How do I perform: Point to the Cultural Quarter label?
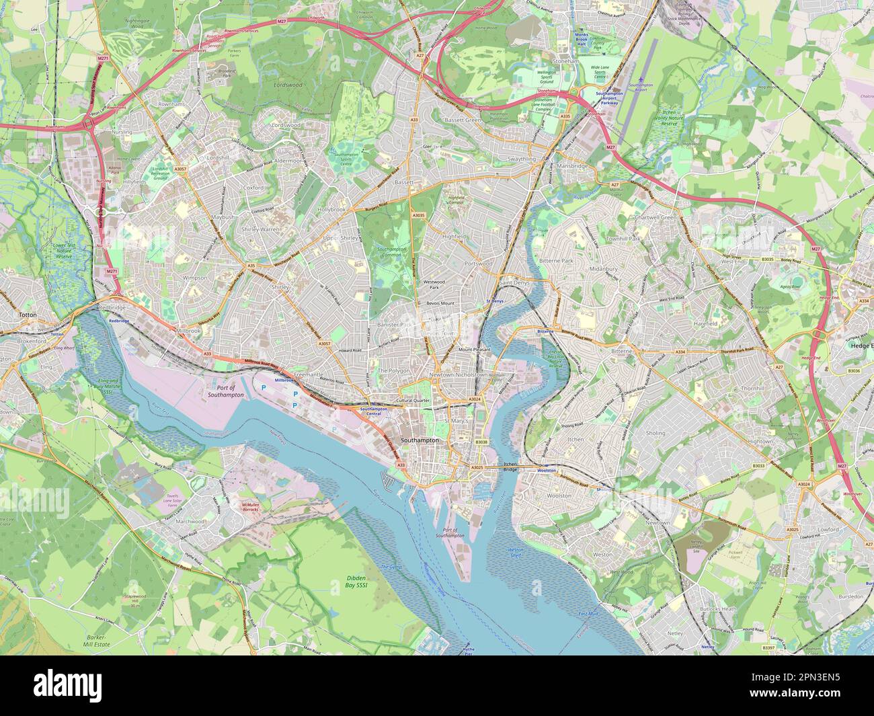[x=413, y=401]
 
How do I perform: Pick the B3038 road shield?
[x=480, y=442]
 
